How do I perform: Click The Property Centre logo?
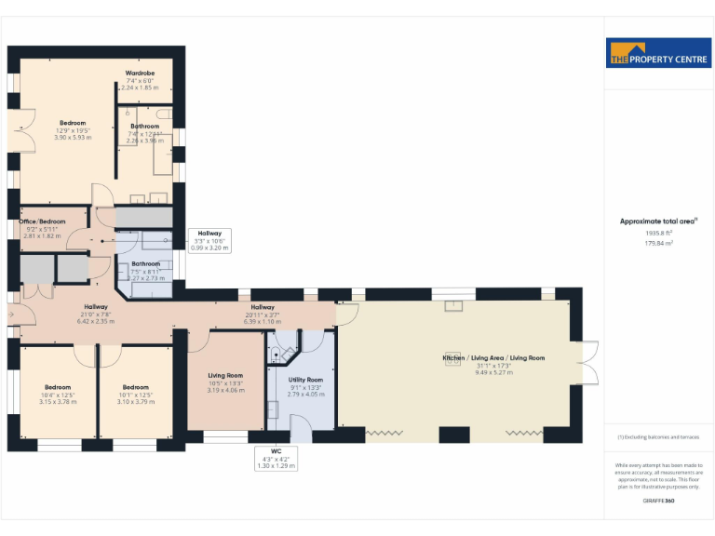(658, 52)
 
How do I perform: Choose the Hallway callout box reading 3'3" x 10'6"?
(209, 240)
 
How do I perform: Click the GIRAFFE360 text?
(658, 502)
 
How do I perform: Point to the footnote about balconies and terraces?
(658, 436)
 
